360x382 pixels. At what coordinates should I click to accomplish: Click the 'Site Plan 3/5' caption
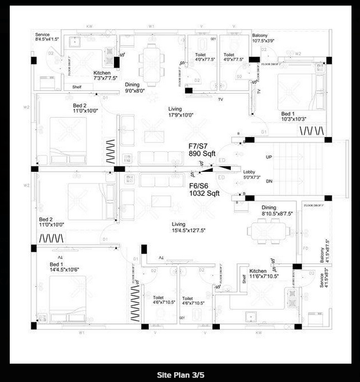(180, 374)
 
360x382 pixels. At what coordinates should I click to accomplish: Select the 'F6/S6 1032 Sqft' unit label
(203, 189)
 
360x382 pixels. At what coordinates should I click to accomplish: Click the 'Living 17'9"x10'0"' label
(181, 111)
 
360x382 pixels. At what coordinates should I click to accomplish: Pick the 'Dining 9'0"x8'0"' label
(135, 87)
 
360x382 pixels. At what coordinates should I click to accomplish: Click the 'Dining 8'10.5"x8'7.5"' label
(277, 211)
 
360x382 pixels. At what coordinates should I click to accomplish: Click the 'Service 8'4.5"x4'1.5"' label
(46, 37)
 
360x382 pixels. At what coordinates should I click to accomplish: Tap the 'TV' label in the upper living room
(220, 99)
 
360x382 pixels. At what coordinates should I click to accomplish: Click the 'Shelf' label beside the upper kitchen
(77, 87)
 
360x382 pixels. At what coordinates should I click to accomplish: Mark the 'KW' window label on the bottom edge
(258, 333)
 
